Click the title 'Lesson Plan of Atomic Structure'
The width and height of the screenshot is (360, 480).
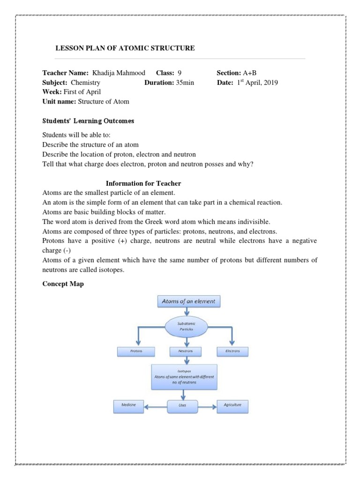click(125, 48)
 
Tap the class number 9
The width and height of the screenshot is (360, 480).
click(180, 73)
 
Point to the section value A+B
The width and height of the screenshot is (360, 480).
click(249, 73)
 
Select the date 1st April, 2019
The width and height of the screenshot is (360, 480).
click(257, 82)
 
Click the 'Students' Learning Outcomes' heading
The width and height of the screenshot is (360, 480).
click(88, 121)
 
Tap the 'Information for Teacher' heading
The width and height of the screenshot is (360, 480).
click(143, 183)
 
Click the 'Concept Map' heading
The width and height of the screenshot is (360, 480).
click(63, 284)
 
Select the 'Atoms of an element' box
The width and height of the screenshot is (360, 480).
click(188, 301)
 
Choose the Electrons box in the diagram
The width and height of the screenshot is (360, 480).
click(232, 351)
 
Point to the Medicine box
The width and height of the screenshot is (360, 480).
click(128, 406)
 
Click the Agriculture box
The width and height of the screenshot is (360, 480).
click(232, 406)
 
